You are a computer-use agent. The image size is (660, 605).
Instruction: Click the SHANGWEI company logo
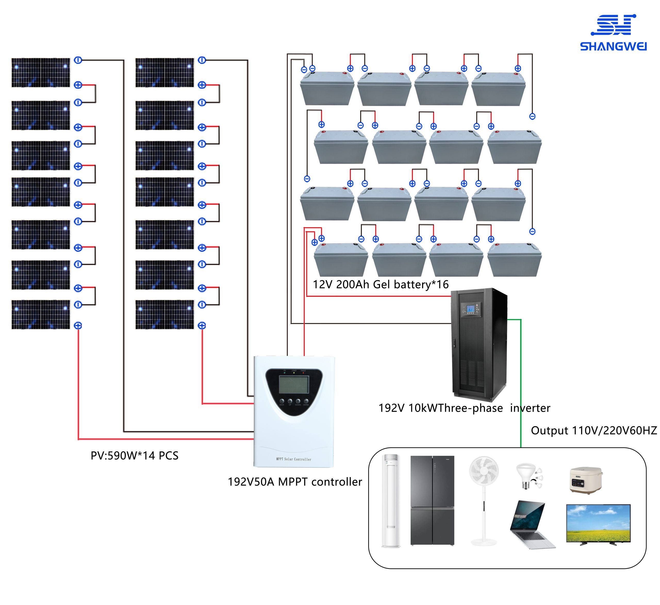point(613,33)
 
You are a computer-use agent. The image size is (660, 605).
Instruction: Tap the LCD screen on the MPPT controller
point(294,384)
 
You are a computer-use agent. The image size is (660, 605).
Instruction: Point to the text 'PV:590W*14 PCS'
point(135,456)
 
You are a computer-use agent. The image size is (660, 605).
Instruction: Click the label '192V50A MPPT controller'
point(295,482)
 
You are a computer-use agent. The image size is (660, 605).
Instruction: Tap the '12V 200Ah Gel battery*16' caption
point(381,285)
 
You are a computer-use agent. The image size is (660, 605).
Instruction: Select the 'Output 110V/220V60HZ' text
point(593,430)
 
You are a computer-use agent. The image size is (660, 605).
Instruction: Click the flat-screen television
point(598,524)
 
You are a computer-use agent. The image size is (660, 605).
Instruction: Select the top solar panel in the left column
point(41,73)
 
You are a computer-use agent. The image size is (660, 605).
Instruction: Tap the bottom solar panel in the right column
point(165,314)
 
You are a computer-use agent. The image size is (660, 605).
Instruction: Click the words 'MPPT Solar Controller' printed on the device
point(294,459)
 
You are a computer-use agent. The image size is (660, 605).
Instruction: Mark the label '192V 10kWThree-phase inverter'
point(464,408)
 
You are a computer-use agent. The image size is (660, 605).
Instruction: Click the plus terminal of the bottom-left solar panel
point(78,325)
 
